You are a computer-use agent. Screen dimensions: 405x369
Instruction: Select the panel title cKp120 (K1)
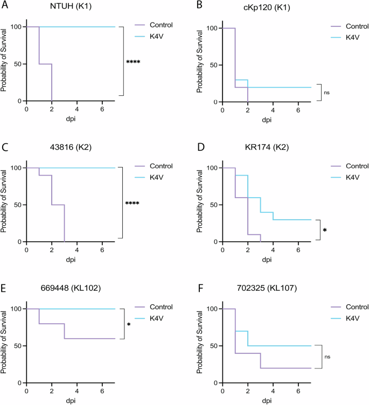coord(267,6)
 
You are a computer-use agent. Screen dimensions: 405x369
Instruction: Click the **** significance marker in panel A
coord(133,62)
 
